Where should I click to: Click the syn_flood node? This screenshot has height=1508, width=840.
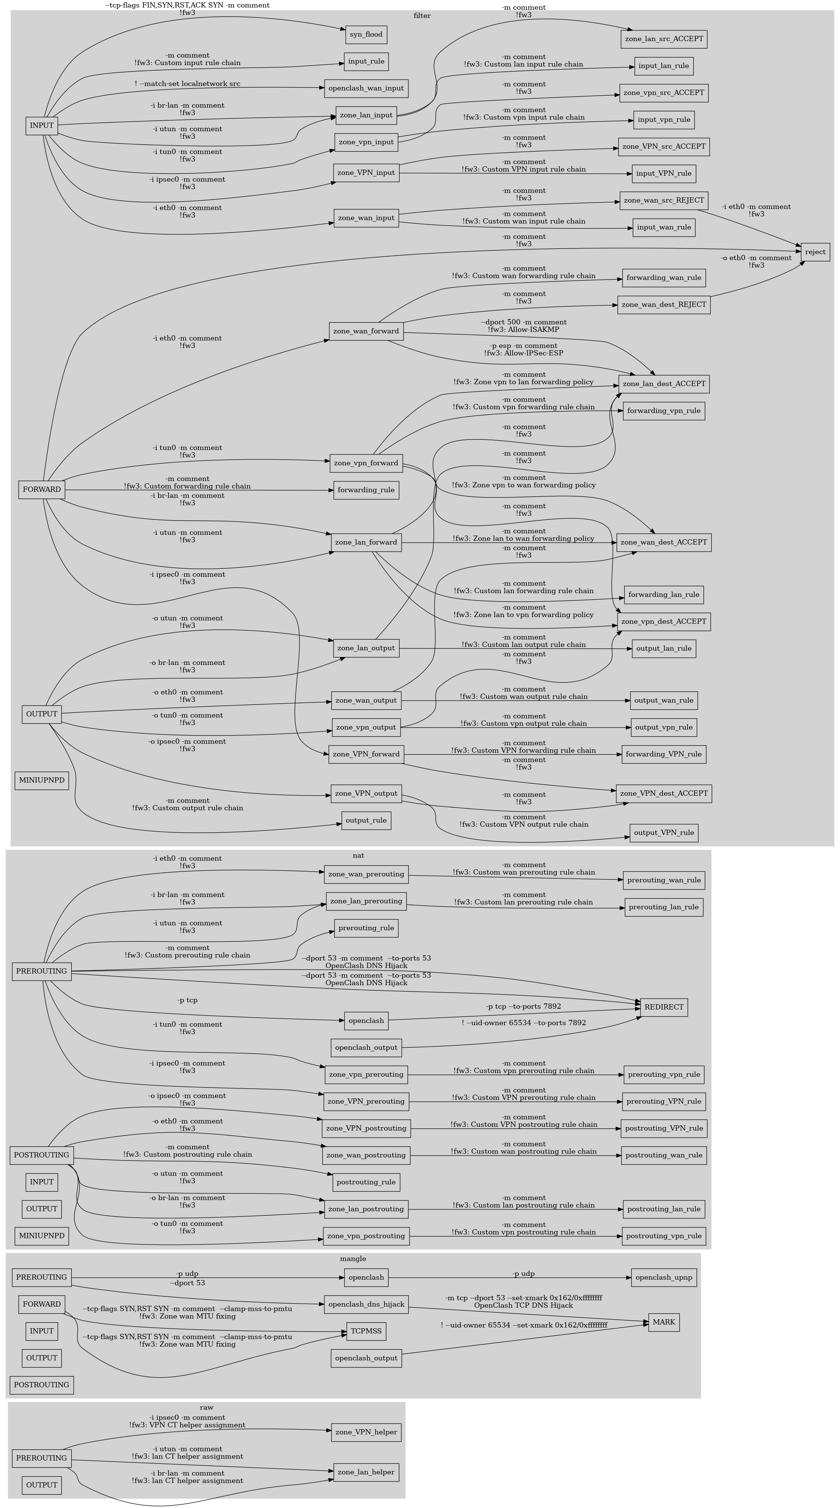click(x=366, y=34)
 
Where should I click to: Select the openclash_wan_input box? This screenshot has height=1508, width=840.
click(x=366, y=89)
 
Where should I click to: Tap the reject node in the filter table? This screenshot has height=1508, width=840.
click(x=815, y=252)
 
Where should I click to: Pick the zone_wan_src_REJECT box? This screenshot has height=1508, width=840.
click(x=664, y=200)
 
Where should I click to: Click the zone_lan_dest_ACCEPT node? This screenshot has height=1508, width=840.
click(x=664, y=385)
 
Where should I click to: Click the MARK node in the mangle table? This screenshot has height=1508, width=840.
click(x=664, y=1322)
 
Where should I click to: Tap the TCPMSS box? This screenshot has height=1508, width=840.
click(x=366, y=1331)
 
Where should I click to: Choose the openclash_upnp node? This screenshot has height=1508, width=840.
click(x=664, y=1277)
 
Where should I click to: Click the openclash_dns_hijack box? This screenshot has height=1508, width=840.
click(x=366, y=1304)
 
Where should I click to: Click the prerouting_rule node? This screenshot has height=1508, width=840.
click(x=366, y=928)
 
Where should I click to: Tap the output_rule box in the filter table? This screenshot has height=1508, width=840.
click(x=366, y=820)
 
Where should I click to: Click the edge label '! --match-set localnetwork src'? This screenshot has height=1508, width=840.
click(x=187, y=84)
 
